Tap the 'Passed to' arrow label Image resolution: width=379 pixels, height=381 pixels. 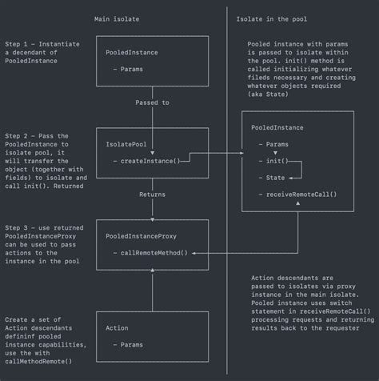pos(153,102)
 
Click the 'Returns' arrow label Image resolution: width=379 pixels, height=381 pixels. pos(152,195)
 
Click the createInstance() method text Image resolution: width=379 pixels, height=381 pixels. pos(150,161)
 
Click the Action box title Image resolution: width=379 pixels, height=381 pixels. pos(117,329)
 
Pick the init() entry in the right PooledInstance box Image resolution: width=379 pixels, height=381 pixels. pos(277,161)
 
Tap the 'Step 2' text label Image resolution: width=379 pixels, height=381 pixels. pos(20,136)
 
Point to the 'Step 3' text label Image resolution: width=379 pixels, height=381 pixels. pos(20,229)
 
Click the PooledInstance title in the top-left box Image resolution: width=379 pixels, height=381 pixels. pos(131,54)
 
